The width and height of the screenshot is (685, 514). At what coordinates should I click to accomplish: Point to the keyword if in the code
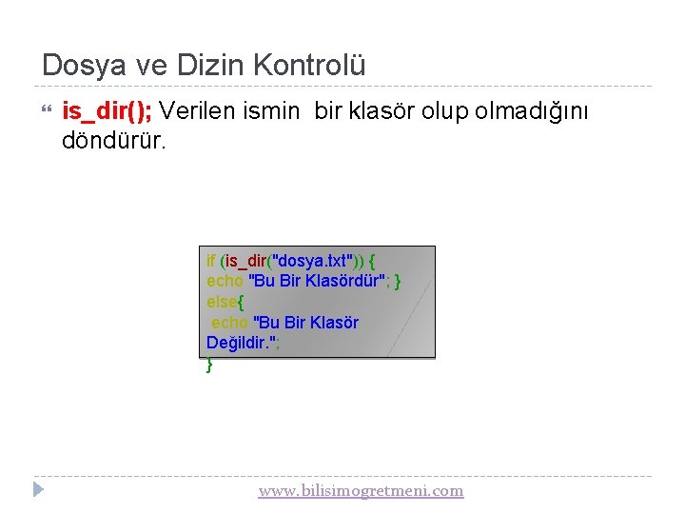(210, 260)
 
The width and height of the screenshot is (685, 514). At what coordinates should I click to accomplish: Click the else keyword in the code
(222, 302)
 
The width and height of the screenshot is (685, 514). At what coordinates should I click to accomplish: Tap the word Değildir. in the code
(242, 343)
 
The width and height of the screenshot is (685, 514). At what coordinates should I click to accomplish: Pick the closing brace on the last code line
(209, 364)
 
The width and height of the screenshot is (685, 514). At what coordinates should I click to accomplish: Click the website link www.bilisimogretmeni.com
(361, 491)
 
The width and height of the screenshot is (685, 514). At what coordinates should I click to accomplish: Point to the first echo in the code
(225, 281)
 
